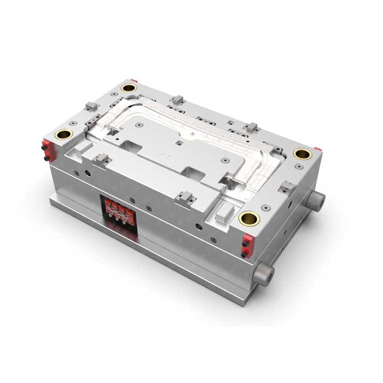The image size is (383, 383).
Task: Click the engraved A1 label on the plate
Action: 164,155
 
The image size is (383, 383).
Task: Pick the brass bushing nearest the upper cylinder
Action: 302,154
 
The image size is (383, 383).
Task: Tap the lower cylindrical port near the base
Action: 264,272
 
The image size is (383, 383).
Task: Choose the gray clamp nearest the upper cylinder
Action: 286,188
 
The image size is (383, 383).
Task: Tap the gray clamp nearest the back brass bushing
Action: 176,100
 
